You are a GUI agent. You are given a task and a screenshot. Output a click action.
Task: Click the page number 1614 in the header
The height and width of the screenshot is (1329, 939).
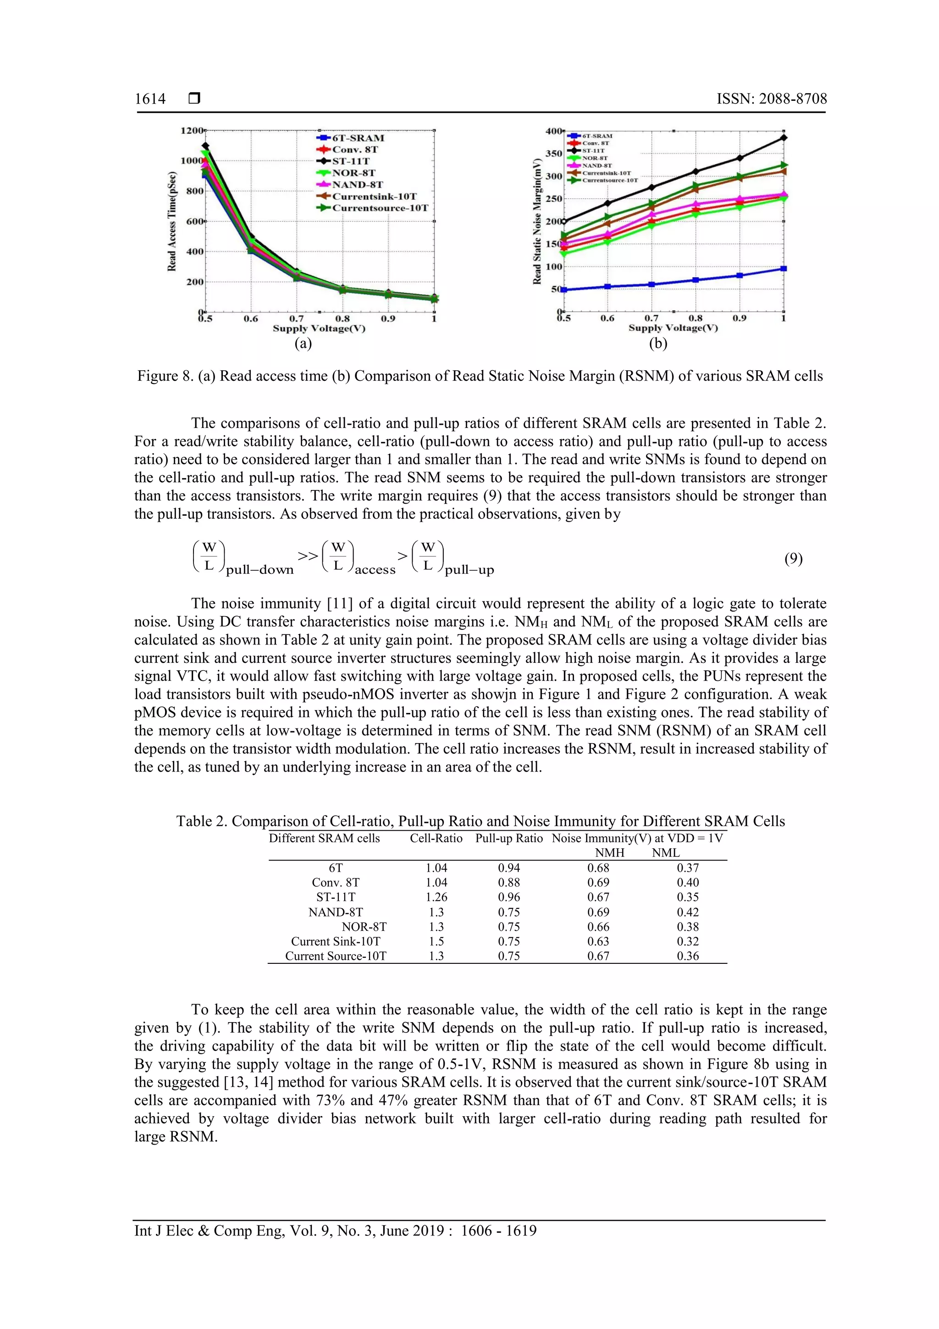150,99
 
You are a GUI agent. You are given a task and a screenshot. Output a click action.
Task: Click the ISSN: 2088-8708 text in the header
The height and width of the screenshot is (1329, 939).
771,99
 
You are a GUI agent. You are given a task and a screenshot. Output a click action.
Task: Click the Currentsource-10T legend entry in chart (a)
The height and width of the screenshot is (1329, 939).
380,208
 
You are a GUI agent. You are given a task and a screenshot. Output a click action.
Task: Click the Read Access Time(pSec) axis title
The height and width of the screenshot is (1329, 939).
172,221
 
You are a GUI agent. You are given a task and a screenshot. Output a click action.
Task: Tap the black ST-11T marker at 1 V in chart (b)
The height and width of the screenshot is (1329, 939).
784,138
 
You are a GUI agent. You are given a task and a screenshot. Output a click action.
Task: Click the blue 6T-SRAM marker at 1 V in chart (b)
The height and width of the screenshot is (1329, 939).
784,268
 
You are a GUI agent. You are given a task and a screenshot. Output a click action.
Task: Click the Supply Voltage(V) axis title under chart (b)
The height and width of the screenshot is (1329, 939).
673,328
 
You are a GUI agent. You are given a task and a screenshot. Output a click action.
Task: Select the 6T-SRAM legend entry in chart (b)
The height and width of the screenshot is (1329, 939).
597,136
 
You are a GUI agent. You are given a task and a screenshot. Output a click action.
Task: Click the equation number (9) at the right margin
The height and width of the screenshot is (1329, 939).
793,559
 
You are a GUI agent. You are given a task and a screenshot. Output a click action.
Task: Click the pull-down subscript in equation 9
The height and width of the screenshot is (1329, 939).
260,570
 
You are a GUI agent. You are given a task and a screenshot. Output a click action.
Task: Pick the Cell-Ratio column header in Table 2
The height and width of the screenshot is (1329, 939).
436,838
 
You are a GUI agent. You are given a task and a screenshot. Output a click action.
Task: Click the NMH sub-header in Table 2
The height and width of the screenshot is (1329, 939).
610,853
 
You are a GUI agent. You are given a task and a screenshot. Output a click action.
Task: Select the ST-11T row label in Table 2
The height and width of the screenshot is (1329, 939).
336,897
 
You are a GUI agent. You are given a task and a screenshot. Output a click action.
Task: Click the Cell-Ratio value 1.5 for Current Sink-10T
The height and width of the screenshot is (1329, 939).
436,941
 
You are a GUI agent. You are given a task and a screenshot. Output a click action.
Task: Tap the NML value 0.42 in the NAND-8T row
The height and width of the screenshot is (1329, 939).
687,912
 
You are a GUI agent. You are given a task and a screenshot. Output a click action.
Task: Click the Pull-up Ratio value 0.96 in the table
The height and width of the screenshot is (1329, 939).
508,897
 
